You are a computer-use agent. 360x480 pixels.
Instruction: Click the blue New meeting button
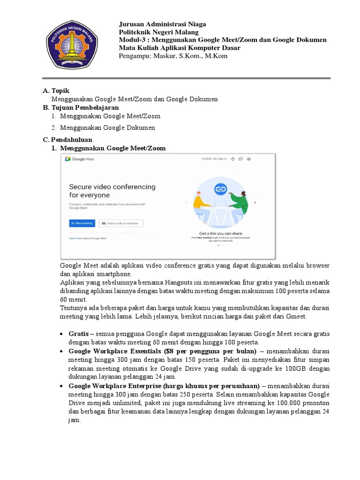[x=82, y=223]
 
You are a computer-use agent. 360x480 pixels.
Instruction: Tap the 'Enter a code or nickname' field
[x=121, y=223]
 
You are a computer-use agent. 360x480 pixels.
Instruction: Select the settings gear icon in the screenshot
[x=249, y=159]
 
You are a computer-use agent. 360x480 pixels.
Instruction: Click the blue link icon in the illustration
[x=220, y=189]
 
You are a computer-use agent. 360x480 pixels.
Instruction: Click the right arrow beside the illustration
[x=255, y=202]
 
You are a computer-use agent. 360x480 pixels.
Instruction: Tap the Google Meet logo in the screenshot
[x=80, y=159]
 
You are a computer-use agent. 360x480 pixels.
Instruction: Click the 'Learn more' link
[x=75, y=238]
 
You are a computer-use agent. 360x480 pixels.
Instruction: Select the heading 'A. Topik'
[x=56, y=90]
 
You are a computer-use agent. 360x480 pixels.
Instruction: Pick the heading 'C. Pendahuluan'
[x=67, y=140]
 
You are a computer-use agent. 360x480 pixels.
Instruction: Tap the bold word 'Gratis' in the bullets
[x=78, y=334]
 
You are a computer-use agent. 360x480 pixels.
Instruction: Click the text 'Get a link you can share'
[x=220, y=233]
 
